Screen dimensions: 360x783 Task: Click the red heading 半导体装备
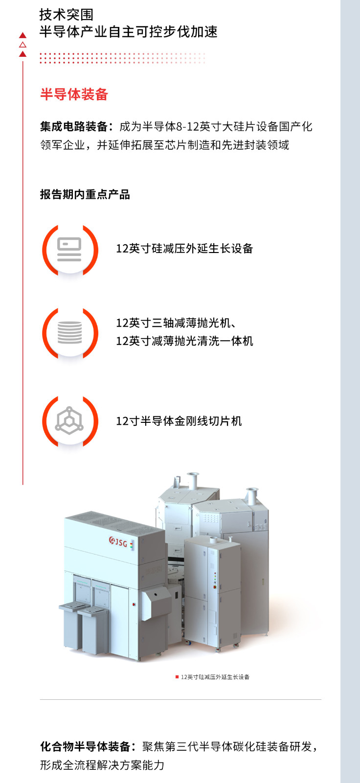coord(74,94)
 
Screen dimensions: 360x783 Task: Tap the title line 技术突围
coord(67,15)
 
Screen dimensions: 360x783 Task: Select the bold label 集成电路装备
coord(73,127)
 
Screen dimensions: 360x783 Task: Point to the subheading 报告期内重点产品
coord(85,194)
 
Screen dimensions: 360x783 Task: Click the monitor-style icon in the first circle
coord(69,249)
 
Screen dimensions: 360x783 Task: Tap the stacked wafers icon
coord(69,332)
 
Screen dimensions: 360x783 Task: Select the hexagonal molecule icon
coord(69,420)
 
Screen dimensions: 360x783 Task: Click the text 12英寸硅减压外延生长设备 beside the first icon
coord(184,249)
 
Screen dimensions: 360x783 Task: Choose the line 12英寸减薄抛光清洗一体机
coord(184,341)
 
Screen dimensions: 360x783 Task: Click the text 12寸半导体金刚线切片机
coord(179,421)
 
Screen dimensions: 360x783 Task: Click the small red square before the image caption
coord(177,677)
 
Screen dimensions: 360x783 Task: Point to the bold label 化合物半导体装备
coord(85,747)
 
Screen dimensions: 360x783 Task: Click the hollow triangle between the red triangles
coord(22,45)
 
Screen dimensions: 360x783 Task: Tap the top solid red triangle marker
coord(22,35)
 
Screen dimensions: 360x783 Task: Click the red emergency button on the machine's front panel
coord(134,604)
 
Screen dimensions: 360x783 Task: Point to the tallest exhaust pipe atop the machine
coord(193,482)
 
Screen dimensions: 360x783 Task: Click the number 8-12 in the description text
coord(187,127)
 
